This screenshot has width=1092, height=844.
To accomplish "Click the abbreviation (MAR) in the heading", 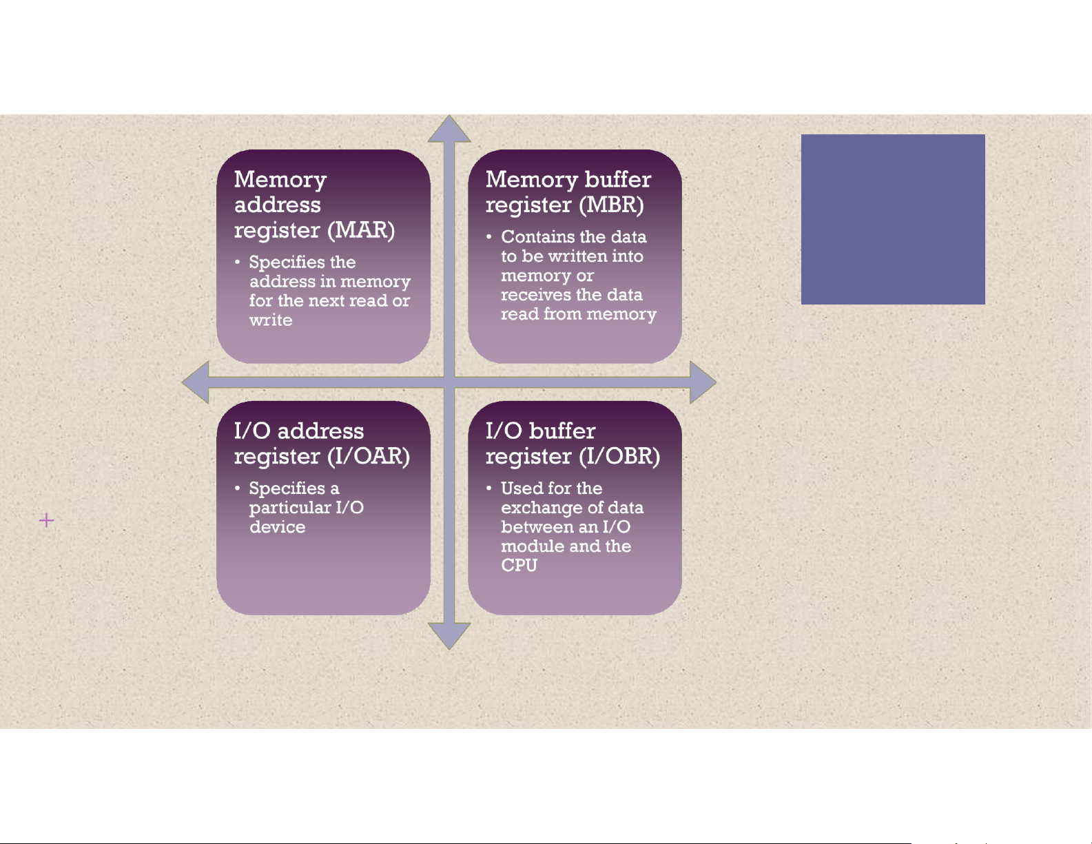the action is [x=361, y=230].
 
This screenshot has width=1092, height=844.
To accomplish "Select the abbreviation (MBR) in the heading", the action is [x=611, y=205].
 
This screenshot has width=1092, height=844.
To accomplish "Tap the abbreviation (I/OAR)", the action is [x=369, y=456].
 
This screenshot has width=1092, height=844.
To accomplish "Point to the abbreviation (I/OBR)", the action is [x=619, y=456].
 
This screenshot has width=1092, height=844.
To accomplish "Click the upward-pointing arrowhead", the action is [x=449, y=130].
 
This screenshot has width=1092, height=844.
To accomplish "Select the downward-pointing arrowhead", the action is [x=449, y=635].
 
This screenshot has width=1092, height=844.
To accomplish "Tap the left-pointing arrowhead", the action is [x=196, y=382].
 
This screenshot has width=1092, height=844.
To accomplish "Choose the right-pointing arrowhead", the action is [x=703, y=382].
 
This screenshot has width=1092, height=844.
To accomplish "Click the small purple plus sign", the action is [x=46, y=520].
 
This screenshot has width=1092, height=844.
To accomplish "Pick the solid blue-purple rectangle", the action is [x=893, y=219].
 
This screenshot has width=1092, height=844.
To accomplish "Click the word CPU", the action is [x=519, y=565].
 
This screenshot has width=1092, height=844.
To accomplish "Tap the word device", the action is [x=278, y=526].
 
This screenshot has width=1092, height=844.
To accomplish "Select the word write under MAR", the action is [x=271, y=320].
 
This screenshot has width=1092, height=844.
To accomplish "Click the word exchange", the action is [x=538, y=508].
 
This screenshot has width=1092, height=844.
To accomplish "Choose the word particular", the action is [x=290, y=508].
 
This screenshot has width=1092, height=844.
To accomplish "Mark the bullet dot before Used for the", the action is [x=489, y=488].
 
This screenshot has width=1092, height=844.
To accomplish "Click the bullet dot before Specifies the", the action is [x=237, y=262].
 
